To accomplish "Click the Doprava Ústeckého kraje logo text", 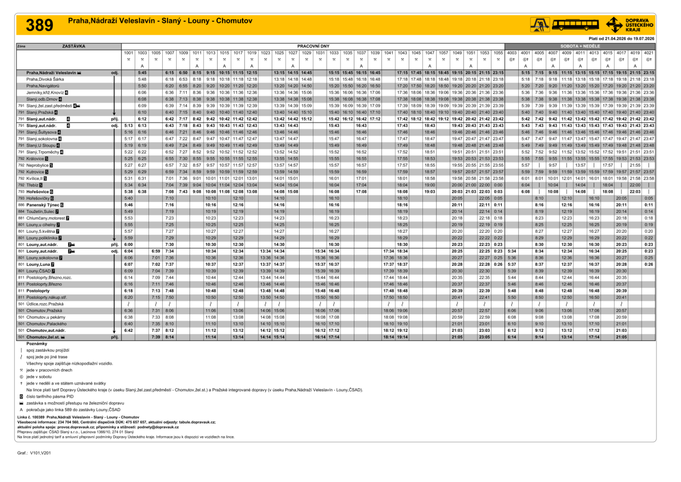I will click(x=642, y=23).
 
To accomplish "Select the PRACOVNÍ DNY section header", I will click(x=313, y=46).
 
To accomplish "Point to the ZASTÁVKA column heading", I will click(x=74, y=46).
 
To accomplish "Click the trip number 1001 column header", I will click(x=128, y=53).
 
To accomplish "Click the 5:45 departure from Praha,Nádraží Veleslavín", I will click(x=142, y=72).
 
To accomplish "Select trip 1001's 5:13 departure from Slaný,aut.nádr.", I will click(x=128, y=125).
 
